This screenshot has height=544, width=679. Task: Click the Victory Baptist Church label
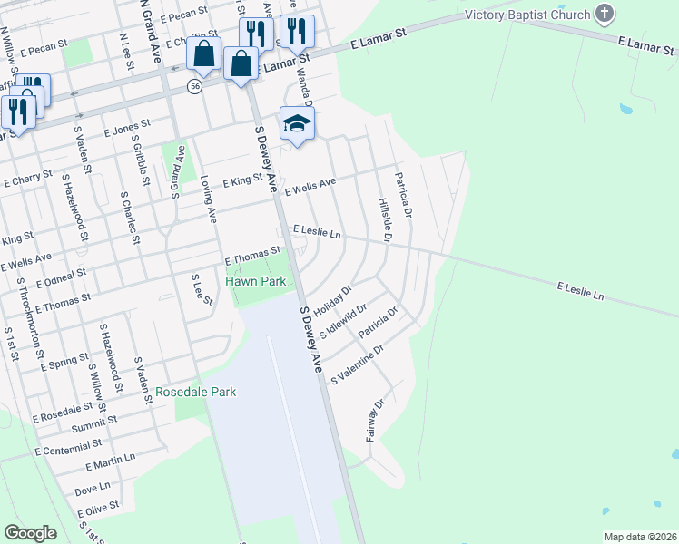click(526, 15)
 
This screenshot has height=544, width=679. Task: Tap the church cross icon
click(605, 14)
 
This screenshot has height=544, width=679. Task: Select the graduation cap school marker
click(297, 122)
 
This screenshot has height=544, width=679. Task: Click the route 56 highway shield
click(195, 85)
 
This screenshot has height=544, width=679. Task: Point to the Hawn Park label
click(256, 282)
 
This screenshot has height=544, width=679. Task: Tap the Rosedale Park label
click(195, 393)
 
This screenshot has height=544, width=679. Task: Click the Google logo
click(31, 532)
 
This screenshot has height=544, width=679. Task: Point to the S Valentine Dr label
click(359, 363)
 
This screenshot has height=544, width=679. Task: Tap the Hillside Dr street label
click(385, 220)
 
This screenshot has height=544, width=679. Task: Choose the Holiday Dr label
click(333, 297)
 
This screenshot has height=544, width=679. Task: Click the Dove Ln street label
click(92, 489)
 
